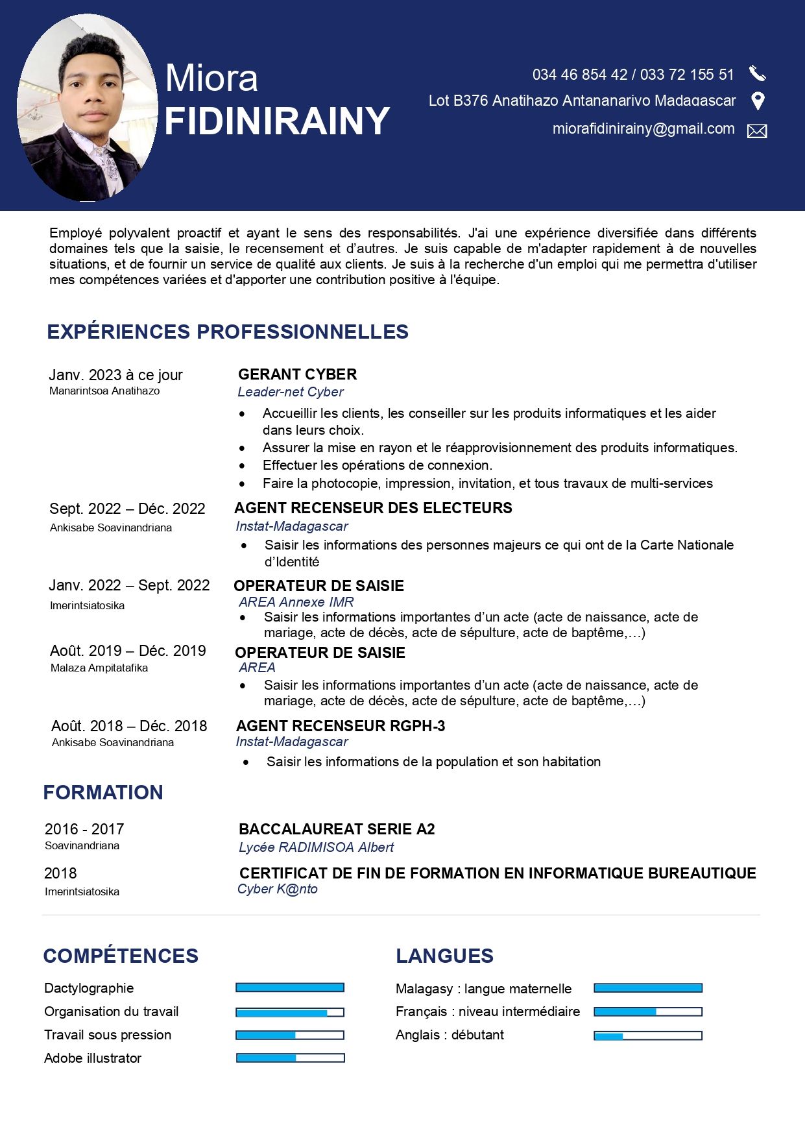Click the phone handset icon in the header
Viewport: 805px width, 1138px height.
tap(757, 73)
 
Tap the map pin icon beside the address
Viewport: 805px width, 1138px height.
tap(757, 101)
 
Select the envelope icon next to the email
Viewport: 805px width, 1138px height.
tap(757, 131)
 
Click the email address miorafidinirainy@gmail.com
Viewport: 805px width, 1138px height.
tap(643, 129)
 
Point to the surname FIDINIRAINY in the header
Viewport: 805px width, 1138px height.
tap(277, 121)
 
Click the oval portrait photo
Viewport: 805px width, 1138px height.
tap(87, 108)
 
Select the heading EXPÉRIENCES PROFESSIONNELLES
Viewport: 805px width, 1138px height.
tap(228, 332)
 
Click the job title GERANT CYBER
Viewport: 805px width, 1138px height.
tap(297, 374)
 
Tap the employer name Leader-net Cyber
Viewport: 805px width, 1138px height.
tap(290, 392)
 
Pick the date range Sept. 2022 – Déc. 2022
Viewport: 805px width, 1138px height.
tap(127, 509)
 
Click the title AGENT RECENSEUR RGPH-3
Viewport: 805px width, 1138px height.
tap(341, 726)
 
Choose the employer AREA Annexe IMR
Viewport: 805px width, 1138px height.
tap(296, 602)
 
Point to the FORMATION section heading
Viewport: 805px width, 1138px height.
tap(103, 792)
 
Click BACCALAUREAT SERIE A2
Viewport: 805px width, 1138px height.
tap(337, 829)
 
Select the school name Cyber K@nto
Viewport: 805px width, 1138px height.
tap(278, 889)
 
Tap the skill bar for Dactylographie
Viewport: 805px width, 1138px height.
tap(290, 987)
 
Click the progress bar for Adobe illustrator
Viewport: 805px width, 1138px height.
tap(290, 1058)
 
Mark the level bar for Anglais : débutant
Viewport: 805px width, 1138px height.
tap(648, 1035)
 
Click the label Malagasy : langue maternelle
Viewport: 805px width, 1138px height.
tap(484, 989)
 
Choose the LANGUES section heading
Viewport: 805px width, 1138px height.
tap(445, 956)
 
